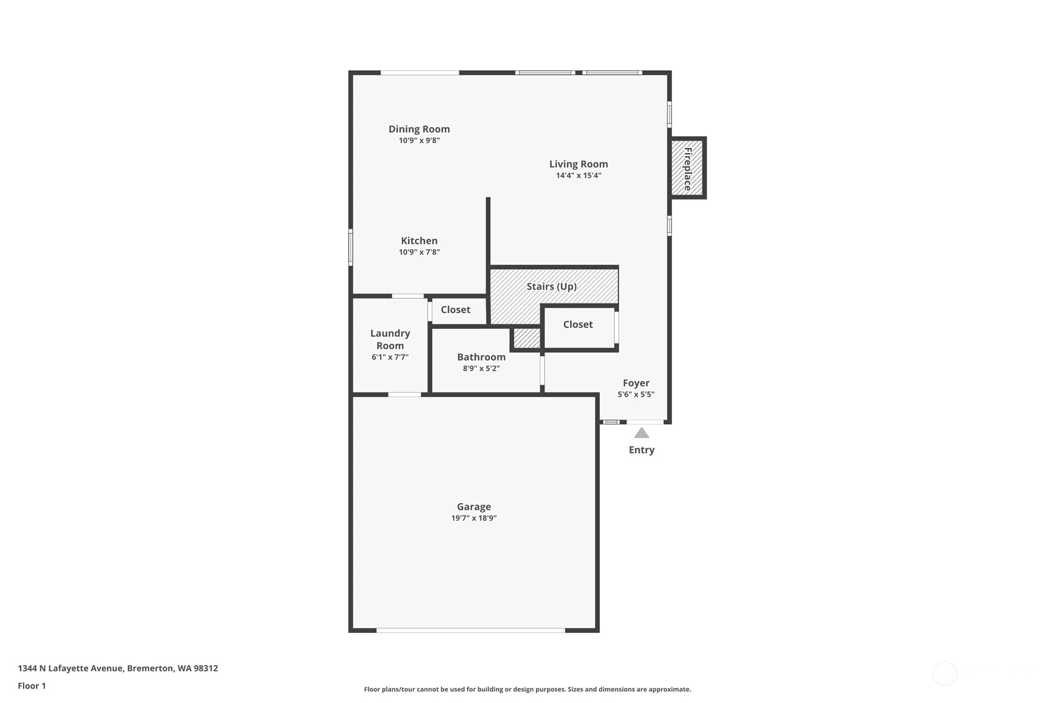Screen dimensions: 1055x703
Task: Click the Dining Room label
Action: pos(418,129)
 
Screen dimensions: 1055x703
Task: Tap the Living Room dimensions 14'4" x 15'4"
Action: pos(578,176)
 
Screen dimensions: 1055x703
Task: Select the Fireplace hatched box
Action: pos(687,168)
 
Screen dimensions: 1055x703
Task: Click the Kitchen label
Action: pos(418,241)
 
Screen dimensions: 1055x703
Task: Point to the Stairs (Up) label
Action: pos(551,287)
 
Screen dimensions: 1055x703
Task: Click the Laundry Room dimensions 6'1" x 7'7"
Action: pos(390,357)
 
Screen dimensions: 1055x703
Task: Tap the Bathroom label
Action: pos(481,357)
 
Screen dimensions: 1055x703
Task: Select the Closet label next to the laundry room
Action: pos(456,310)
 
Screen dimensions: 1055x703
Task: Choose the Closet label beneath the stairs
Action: pos(578,324)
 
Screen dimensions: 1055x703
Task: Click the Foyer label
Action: pos(636,384)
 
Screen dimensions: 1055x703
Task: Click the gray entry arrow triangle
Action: pos(642,433)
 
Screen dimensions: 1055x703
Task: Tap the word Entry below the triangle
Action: pos(642,450)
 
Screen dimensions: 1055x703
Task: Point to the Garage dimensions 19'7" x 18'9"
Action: pos(474,518)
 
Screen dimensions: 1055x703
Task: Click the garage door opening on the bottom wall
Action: pos(471,630)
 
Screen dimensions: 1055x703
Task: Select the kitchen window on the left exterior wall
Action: pos(351,247)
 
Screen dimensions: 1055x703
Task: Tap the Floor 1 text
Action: pos(32,686)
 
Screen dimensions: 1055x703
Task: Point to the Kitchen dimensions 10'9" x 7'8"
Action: pos(419,252)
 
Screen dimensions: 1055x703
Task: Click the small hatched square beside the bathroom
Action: pos(527,338)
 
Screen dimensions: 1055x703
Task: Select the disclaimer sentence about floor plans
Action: pos(527,689)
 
